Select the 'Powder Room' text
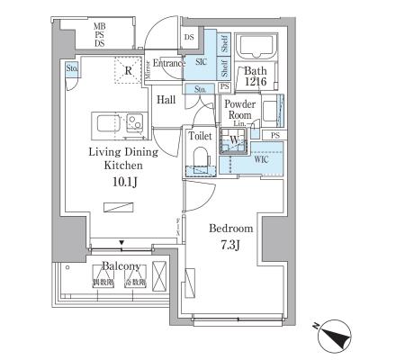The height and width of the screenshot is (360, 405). coord(240,110)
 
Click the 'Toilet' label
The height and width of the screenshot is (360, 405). coord(200,135)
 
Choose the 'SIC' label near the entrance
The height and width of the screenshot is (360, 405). coord(202,64)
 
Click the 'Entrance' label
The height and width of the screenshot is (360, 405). coord(168,63)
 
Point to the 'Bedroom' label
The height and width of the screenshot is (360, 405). coord(230,229)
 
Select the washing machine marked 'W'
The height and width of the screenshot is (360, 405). coord(232,139)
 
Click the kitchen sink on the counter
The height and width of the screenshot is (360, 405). coord(135,121)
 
